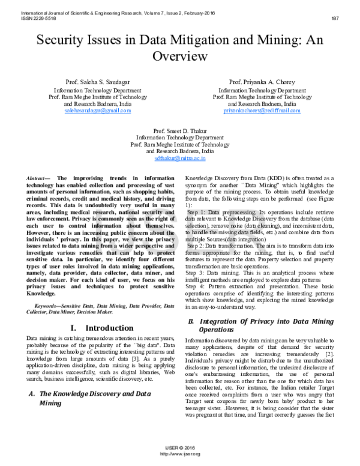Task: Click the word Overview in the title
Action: pyautogui.click(x=179, y=56)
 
